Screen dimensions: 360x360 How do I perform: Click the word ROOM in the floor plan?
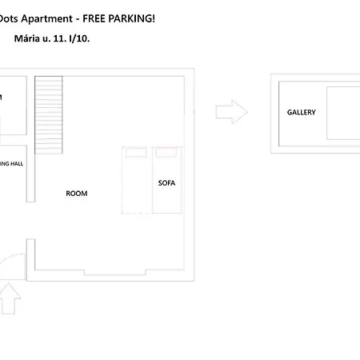[77, 194]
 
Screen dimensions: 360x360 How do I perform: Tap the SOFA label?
[166, 183]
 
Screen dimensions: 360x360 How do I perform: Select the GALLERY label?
[302, 113]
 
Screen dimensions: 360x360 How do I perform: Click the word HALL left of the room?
[16, 163]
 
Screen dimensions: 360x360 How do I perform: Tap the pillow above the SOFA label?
[166, 150]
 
